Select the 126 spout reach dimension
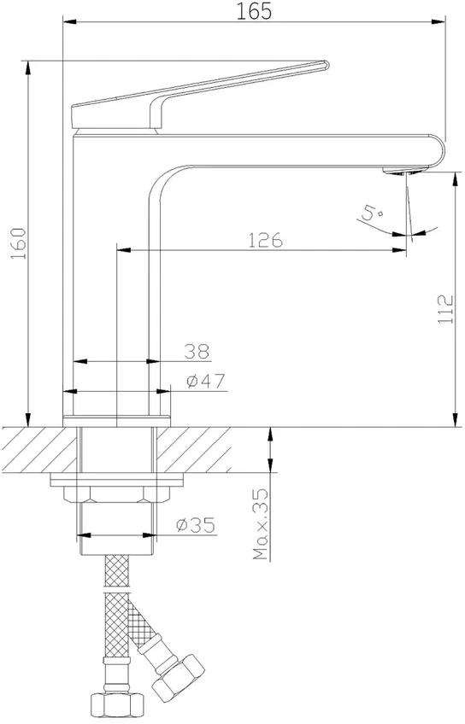click(x=265, y=241)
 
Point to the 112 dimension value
click(x=445, y=309)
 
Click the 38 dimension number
click(x=197, y=352)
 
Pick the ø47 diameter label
click(x=206, y=382)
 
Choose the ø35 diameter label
click(x=196, y=525)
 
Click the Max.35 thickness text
click(x=262, y=524)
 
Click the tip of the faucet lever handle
click(x=327, y=65)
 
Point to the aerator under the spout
click(x=401, y=171)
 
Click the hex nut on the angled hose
click(x=179, y=675)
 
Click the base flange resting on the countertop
click(x=116, y=421)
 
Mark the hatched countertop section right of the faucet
click(x=194, y=450)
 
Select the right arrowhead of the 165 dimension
click(x=439, y=21)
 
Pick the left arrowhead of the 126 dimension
click(x=123, y=250)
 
